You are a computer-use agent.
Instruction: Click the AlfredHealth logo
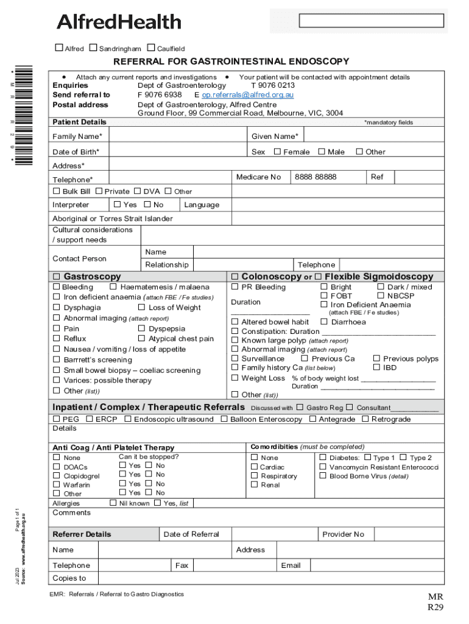(x=119, y=22)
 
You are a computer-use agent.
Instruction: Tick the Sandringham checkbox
(x=93, y=48)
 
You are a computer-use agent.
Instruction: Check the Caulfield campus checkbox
(x=150, y=48)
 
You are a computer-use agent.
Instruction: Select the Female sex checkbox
(x=277, y=151)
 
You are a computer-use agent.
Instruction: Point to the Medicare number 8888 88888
(x=315, y=177)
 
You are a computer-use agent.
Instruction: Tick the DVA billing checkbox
(x=138, y=191)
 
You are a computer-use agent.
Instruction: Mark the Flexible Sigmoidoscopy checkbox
(x=318, y=276)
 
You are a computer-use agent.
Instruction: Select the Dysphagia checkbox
(x=57, y=307)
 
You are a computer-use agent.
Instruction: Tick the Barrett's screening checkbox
(x=57, y=360)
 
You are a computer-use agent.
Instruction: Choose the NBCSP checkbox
(x=381, y=296)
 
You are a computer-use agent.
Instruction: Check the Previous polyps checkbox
(x=376, y=358)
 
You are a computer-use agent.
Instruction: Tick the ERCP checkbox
(x=89, y=419)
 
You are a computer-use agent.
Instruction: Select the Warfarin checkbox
(x=57, y=484)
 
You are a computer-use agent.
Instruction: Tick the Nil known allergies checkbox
(x=113, y=503)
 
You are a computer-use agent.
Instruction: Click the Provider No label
(x=343, y=534)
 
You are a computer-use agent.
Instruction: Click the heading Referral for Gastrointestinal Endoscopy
(x=231, y=62)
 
